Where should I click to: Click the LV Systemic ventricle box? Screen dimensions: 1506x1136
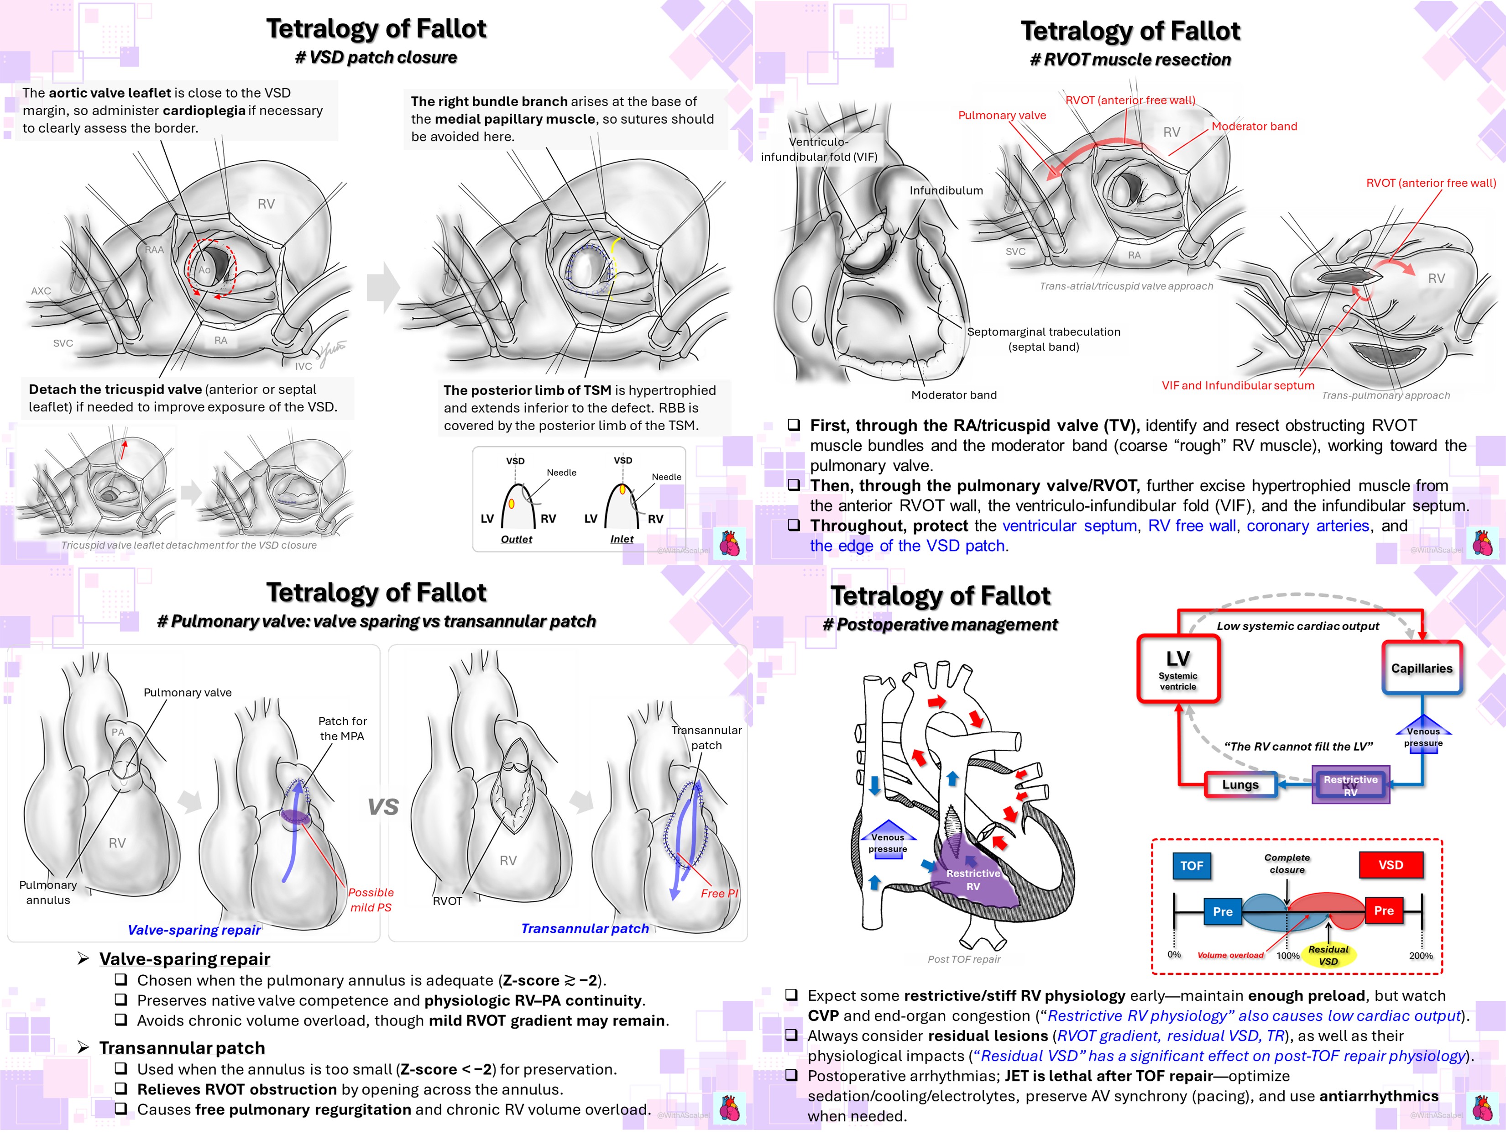click(x=1178, y=669)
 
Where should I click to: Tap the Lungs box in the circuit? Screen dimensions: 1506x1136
click(x=1240, y=784)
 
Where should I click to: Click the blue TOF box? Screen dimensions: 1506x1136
click(x=1192, y=866)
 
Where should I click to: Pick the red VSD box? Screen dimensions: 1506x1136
click(x=1390, y=865)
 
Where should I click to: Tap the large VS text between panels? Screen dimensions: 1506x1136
click(x=383, y=807)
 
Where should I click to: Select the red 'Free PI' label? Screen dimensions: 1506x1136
click(x=719, y=894)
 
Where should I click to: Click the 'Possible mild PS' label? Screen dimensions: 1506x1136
click(x=371, y=899)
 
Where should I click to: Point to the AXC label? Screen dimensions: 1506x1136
click(x=41, y=291)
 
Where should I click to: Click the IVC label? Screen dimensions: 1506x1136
click(x=303, y=366)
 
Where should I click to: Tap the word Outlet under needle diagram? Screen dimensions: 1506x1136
click(x=517, y=539)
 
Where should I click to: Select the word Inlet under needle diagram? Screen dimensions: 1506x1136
click(x=622, y=539)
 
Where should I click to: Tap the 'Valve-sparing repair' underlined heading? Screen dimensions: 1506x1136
click(x=184, y=959)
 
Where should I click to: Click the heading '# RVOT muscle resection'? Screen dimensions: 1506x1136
click(x=1130, y=60)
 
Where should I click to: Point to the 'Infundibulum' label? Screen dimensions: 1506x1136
click(x=946, y=191)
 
